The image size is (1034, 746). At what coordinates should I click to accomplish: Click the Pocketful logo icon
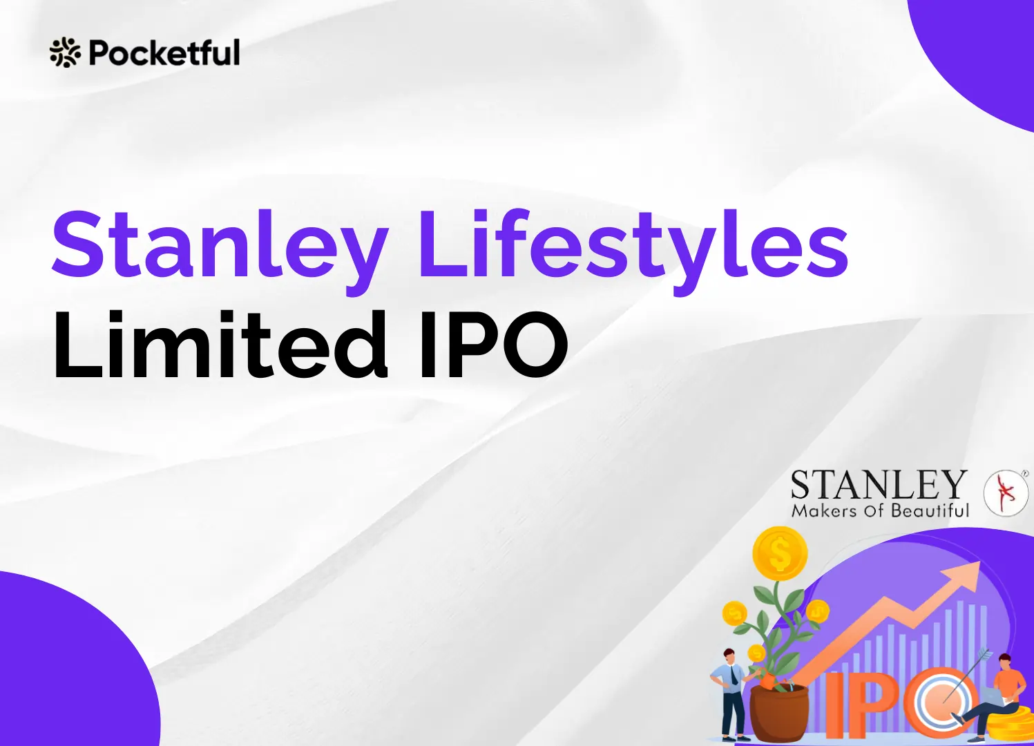(65, 52)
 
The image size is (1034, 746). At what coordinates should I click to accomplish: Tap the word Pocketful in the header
(164, 52)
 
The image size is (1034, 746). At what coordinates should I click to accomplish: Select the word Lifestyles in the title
(633, 248)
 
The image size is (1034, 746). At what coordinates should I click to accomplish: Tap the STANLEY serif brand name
(878, 485)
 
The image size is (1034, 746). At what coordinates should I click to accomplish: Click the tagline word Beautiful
(930, 511)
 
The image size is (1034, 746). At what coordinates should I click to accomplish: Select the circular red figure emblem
(1006, 492)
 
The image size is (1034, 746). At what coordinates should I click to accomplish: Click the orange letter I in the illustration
(834, 705)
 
